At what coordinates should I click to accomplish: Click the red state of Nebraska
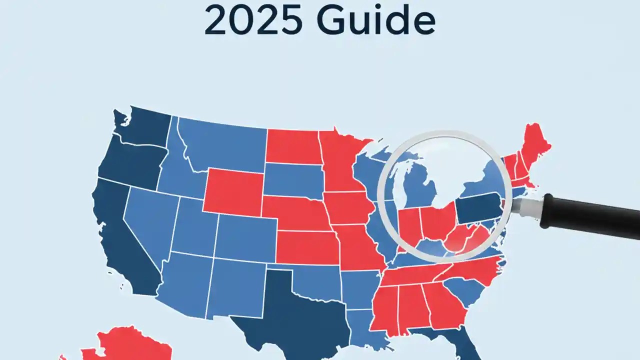(295, 212)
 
